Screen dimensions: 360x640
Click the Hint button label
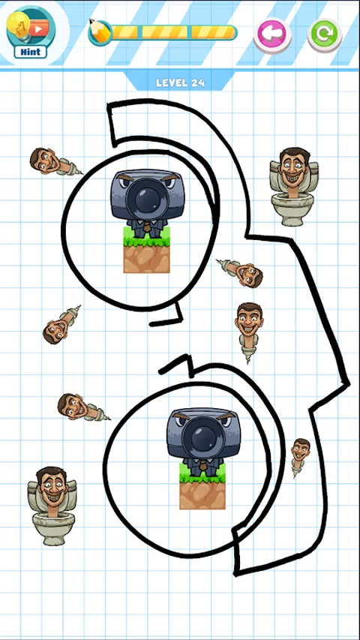tap(31, 52)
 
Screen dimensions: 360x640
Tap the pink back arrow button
tap(273, 35)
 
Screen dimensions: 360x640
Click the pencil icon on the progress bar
tap(99, 32)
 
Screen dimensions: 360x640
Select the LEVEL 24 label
tap(180, 83)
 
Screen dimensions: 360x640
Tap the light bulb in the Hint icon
tap(17, 26)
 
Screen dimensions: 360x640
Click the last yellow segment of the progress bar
tap(213, 33)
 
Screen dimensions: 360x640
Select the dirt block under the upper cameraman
tap(146, 259)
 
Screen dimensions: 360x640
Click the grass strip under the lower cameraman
tap(202, 473)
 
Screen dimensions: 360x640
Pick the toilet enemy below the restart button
tap(293, 187)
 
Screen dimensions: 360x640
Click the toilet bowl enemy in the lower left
tap(52, 506)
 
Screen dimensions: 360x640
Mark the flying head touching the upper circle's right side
tap(241, 272)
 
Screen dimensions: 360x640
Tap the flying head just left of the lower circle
tap(82, 407)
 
